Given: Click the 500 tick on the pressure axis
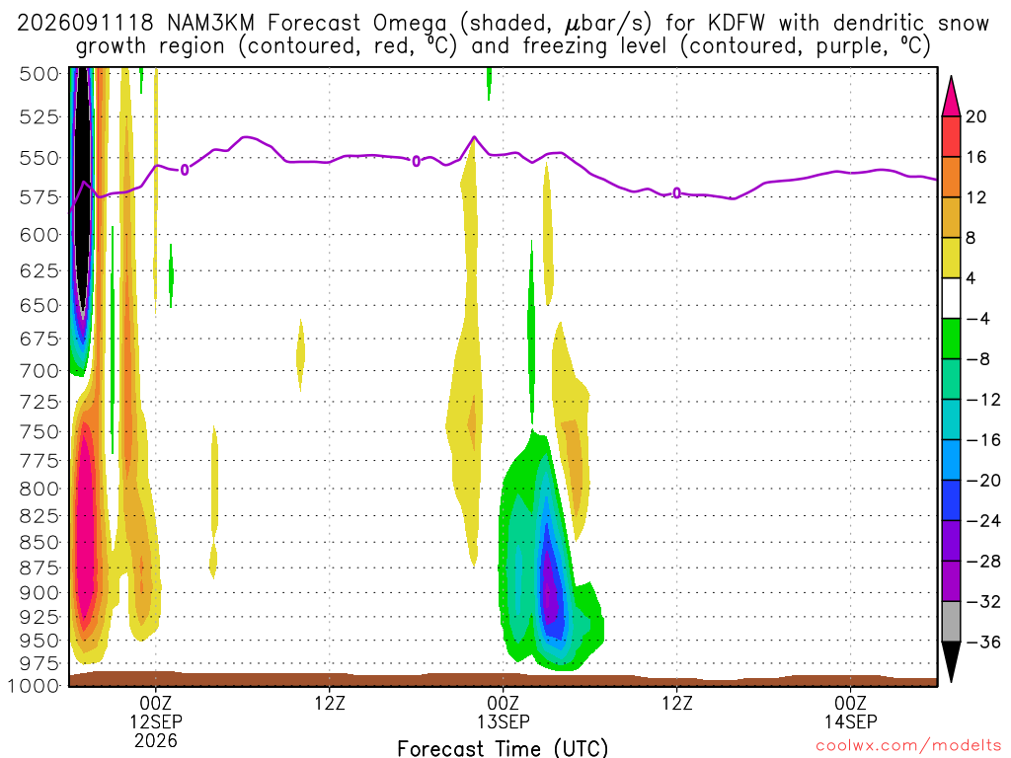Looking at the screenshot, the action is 39,74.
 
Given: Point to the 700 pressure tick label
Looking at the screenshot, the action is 39,371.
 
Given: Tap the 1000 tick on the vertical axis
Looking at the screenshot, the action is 35,685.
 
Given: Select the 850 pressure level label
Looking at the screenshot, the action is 39,542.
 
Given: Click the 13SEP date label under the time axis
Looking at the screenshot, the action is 503,721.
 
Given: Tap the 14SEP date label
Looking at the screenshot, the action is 850,721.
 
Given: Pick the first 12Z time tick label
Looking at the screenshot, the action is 330,702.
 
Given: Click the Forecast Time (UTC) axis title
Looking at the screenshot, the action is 503,748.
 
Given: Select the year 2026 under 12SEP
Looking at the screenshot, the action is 155,740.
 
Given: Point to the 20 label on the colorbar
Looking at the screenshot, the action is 975,116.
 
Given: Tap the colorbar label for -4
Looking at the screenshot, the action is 977,319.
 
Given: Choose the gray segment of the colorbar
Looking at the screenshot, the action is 951,622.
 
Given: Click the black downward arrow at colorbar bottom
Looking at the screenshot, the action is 951,660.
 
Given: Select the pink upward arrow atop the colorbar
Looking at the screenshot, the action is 951,98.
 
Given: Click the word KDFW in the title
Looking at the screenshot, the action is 736,24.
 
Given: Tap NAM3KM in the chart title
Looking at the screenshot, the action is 211,24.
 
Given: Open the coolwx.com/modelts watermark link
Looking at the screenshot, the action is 908,746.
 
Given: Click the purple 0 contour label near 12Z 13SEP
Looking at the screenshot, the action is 676,192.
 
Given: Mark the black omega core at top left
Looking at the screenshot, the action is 82,187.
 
